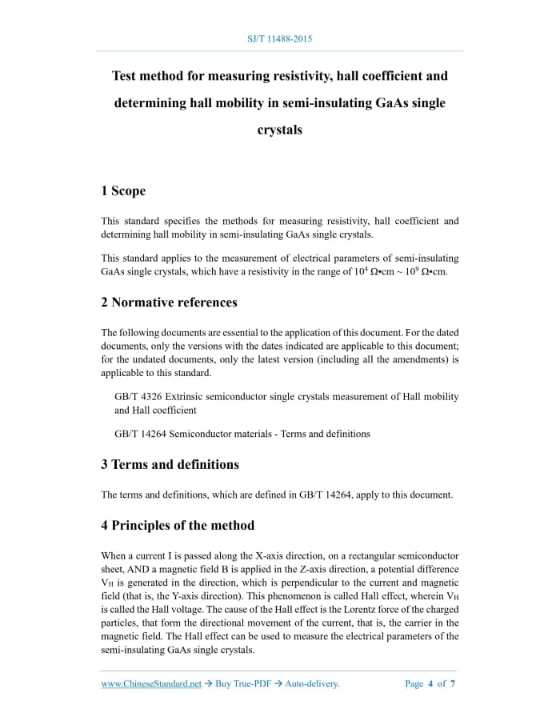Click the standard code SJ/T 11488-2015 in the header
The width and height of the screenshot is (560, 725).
tap(280, 38)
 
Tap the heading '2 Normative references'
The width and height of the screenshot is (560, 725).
tap(169, 302)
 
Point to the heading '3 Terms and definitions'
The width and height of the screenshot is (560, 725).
tap(170, 464)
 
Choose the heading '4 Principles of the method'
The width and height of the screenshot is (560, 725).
tap(178, 526)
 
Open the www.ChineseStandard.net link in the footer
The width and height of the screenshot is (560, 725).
tap(151, 684)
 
